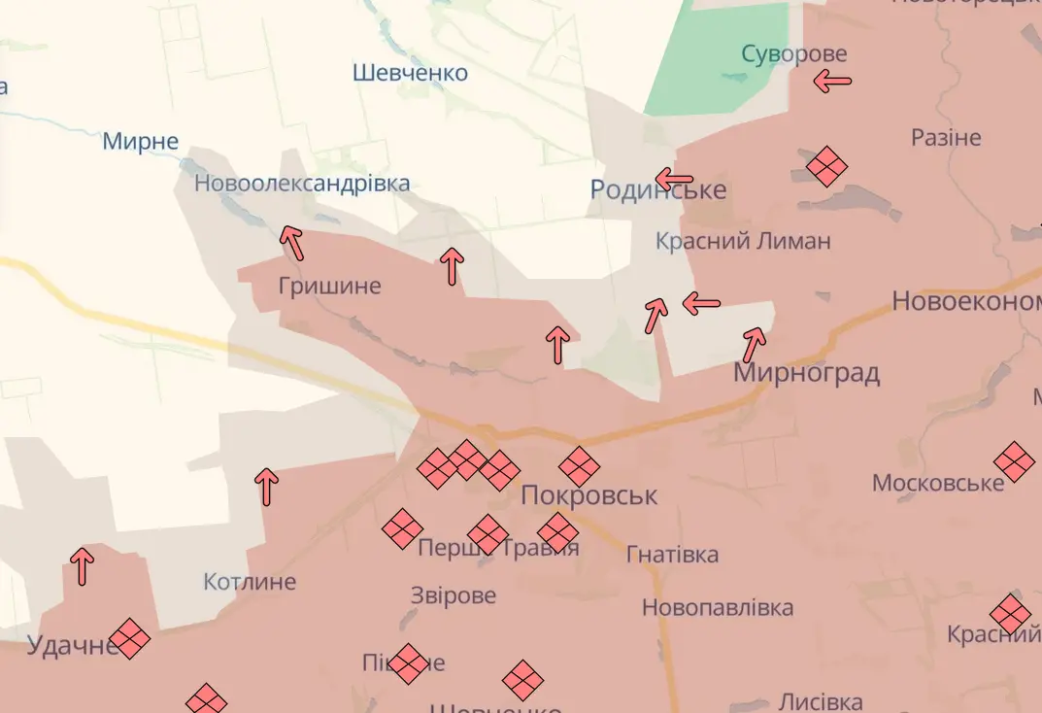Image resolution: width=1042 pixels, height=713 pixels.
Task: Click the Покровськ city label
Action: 588,495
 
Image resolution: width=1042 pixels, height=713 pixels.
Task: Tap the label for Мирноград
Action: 806,373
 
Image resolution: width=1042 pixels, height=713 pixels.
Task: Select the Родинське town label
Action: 657,190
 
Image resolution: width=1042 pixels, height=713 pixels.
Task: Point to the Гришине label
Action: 329,287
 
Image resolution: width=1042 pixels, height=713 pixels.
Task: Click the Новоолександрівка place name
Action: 302,183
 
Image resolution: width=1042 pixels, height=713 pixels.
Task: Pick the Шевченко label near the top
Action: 410,73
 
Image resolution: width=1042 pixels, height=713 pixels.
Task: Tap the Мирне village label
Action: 141,142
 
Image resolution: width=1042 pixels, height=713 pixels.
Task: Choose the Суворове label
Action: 793,53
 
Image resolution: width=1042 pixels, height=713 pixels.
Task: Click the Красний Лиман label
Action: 743,241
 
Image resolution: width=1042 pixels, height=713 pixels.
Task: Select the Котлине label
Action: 250,583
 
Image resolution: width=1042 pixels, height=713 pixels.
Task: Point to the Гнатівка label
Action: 672,555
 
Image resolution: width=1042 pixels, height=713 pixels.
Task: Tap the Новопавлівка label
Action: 717,608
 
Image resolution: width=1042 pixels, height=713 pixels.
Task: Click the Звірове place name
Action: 453,595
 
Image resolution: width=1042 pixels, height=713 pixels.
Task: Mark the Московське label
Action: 937,483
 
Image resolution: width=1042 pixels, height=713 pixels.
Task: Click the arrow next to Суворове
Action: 832,82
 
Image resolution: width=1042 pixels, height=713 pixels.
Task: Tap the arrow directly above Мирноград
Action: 754,343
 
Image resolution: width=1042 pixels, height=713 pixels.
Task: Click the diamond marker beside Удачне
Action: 129,639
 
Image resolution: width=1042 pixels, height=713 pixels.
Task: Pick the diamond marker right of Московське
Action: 1014,461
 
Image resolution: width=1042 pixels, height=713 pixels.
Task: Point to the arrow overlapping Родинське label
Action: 674,179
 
